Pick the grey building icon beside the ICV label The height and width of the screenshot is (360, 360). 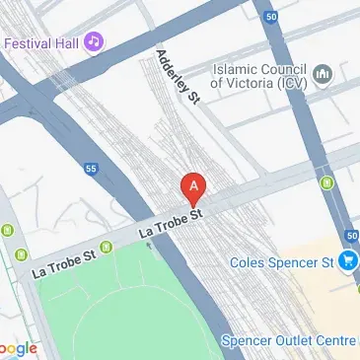coord(322,76)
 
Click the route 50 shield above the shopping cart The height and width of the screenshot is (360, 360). coord(353,236)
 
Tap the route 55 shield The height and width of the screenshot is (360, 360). coord(90,169)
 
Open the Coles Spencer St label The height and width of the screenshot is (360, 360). coord(280,262)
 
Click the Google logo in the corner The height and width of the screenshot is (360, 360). coord(19,348)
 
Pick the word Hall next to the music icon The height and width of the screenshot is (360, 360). coord(63,43)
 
